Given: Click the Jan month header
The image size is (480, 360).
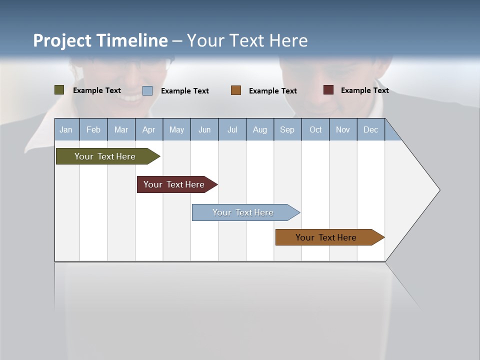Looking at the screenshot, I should coord(66,129).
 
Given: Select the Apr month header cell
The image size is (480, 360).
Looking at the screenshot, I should coord(149,129).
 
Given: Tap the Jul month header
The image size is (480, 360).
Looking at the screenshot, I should coord(232,129).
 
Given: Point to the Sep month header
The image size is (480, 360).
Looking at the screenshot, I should coord(287,129).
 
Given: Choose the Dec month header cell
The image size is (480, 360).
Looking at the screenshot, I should coord(370,129).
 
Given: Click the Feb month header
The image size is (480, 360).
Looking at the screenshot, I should coord(93,129).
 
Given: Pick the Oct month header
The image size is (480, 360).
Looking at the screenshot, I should coord(315,129).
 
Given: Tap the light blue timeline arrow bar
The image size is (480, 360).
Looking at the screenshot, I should coord(243,212).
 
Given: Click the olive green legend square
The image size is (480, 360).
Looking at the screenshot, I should coord(59,90).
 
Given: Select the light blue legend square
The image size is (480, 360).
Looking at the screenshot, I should coord(147,90).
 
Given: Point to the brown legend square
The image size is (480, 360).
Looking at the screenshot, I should coord(236,90).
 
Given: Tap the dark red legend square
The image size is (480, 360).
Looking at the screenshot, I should coord(328,90).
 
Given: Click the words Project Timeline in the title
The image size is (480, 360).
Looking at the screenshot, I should coord(100,40).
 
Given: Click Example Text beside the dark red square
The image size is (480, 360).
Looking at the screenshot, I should coord(364,90).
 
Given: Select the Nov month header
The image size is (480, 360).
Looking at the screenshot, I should coord(343,129).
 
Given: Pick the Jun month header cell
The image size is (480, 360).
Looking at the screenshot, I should coord(204,129).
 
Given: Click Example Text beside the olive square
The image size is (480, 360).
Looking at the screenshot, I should coord(97,90).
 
